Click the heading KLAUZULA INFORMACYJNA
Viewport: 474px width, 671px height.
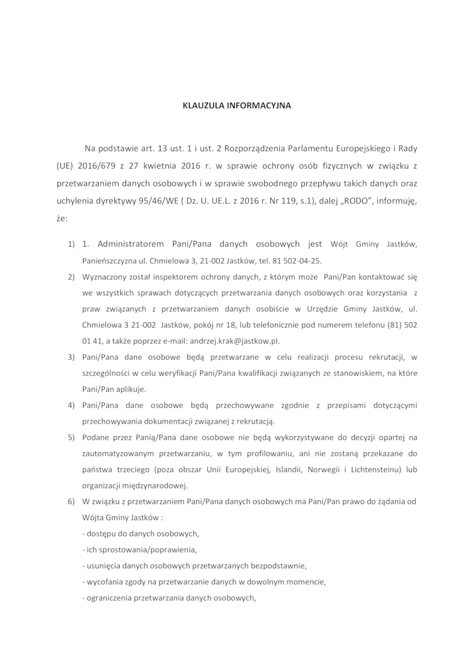click(236, 107)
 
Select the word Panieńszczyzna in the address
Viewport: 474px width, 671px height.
click(112, 260)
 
